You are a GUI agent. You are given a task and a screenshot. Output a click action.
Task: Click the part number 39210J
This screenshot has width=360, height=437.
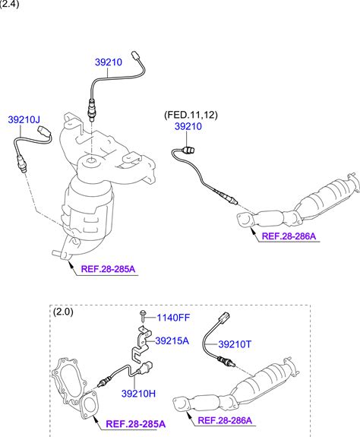pyautogui.click(x=24, y=120)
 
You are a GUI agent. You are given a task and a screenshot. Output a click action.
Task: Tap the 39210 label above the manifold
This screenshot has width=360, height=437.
pyautogui.click(x=109, y=62)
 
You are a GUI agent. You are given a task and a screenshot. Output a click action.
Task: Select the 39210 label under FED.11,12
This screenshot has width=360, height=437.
pyautogui.click(x=188, y=126)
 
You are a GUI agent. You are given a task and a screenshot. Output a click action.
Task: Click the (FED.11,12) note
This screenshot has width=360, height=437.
pyautogui.click(x=191, y=115)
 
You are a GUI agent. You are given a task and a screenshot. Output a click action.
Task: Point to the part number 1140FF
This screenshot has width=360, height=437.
pyautogui.click(x=173, y=318)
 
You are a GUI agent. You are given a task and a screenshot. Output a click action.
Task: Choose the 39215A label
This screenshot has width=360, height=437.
pyautogui.click(x=172, y=340)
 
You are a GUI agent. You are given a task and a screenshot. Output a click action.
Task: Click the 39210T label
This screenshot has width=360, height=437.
pyautogui.click(x=235, y=344)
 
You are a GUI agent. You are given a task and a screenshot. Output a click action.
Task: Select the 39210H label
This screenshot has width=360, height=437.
pyautogui.click(x=138, y=394)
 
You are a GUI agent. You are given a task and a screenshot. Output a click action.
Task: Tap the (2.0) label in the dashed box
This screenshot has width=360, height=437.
pyautogui.click(x=63, y=312)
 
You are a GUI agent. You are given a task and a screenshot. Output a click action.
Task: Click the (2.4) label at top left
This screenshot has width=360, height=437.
pyautogui.click(x=9, y=4)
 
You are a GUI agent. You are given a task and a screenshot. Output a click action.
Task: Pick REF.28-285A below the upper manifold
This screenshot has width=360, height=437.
pyautogui.click(x=108, y=269)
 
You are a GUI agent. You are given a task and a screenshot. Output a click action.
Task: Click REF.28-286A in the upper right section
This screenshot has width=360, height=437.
pyautogui.click(x=289, y=236)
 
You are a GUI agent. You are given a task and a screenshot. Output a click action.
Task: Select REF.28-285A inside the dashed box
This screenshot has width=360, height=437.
pyautogui.click(x=136, y=424)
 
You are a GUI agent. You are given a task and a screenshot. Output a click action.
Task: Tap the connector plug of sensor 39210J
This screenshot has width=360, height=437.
pyautogui.click(x=44, y=131)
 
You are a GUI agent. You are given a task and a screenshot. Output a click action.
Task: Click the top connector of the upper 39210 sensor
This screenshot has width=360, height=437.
pyautogui.click(x=136, y=55)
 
